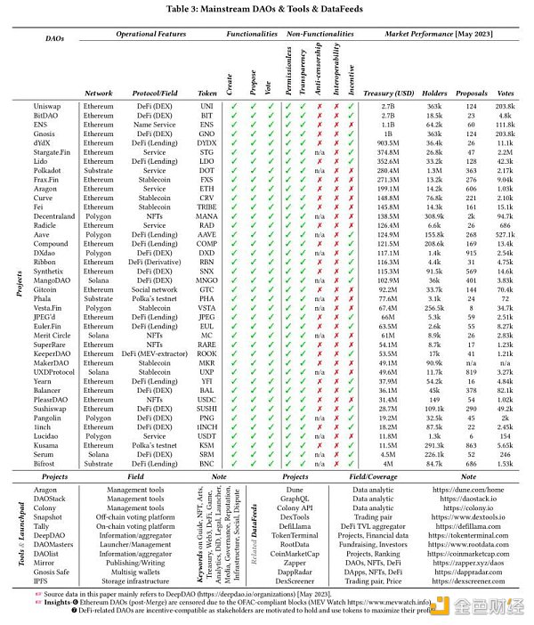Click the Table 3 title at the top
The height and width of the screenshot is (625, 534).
pyautogui.click(x=267, y=8)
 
